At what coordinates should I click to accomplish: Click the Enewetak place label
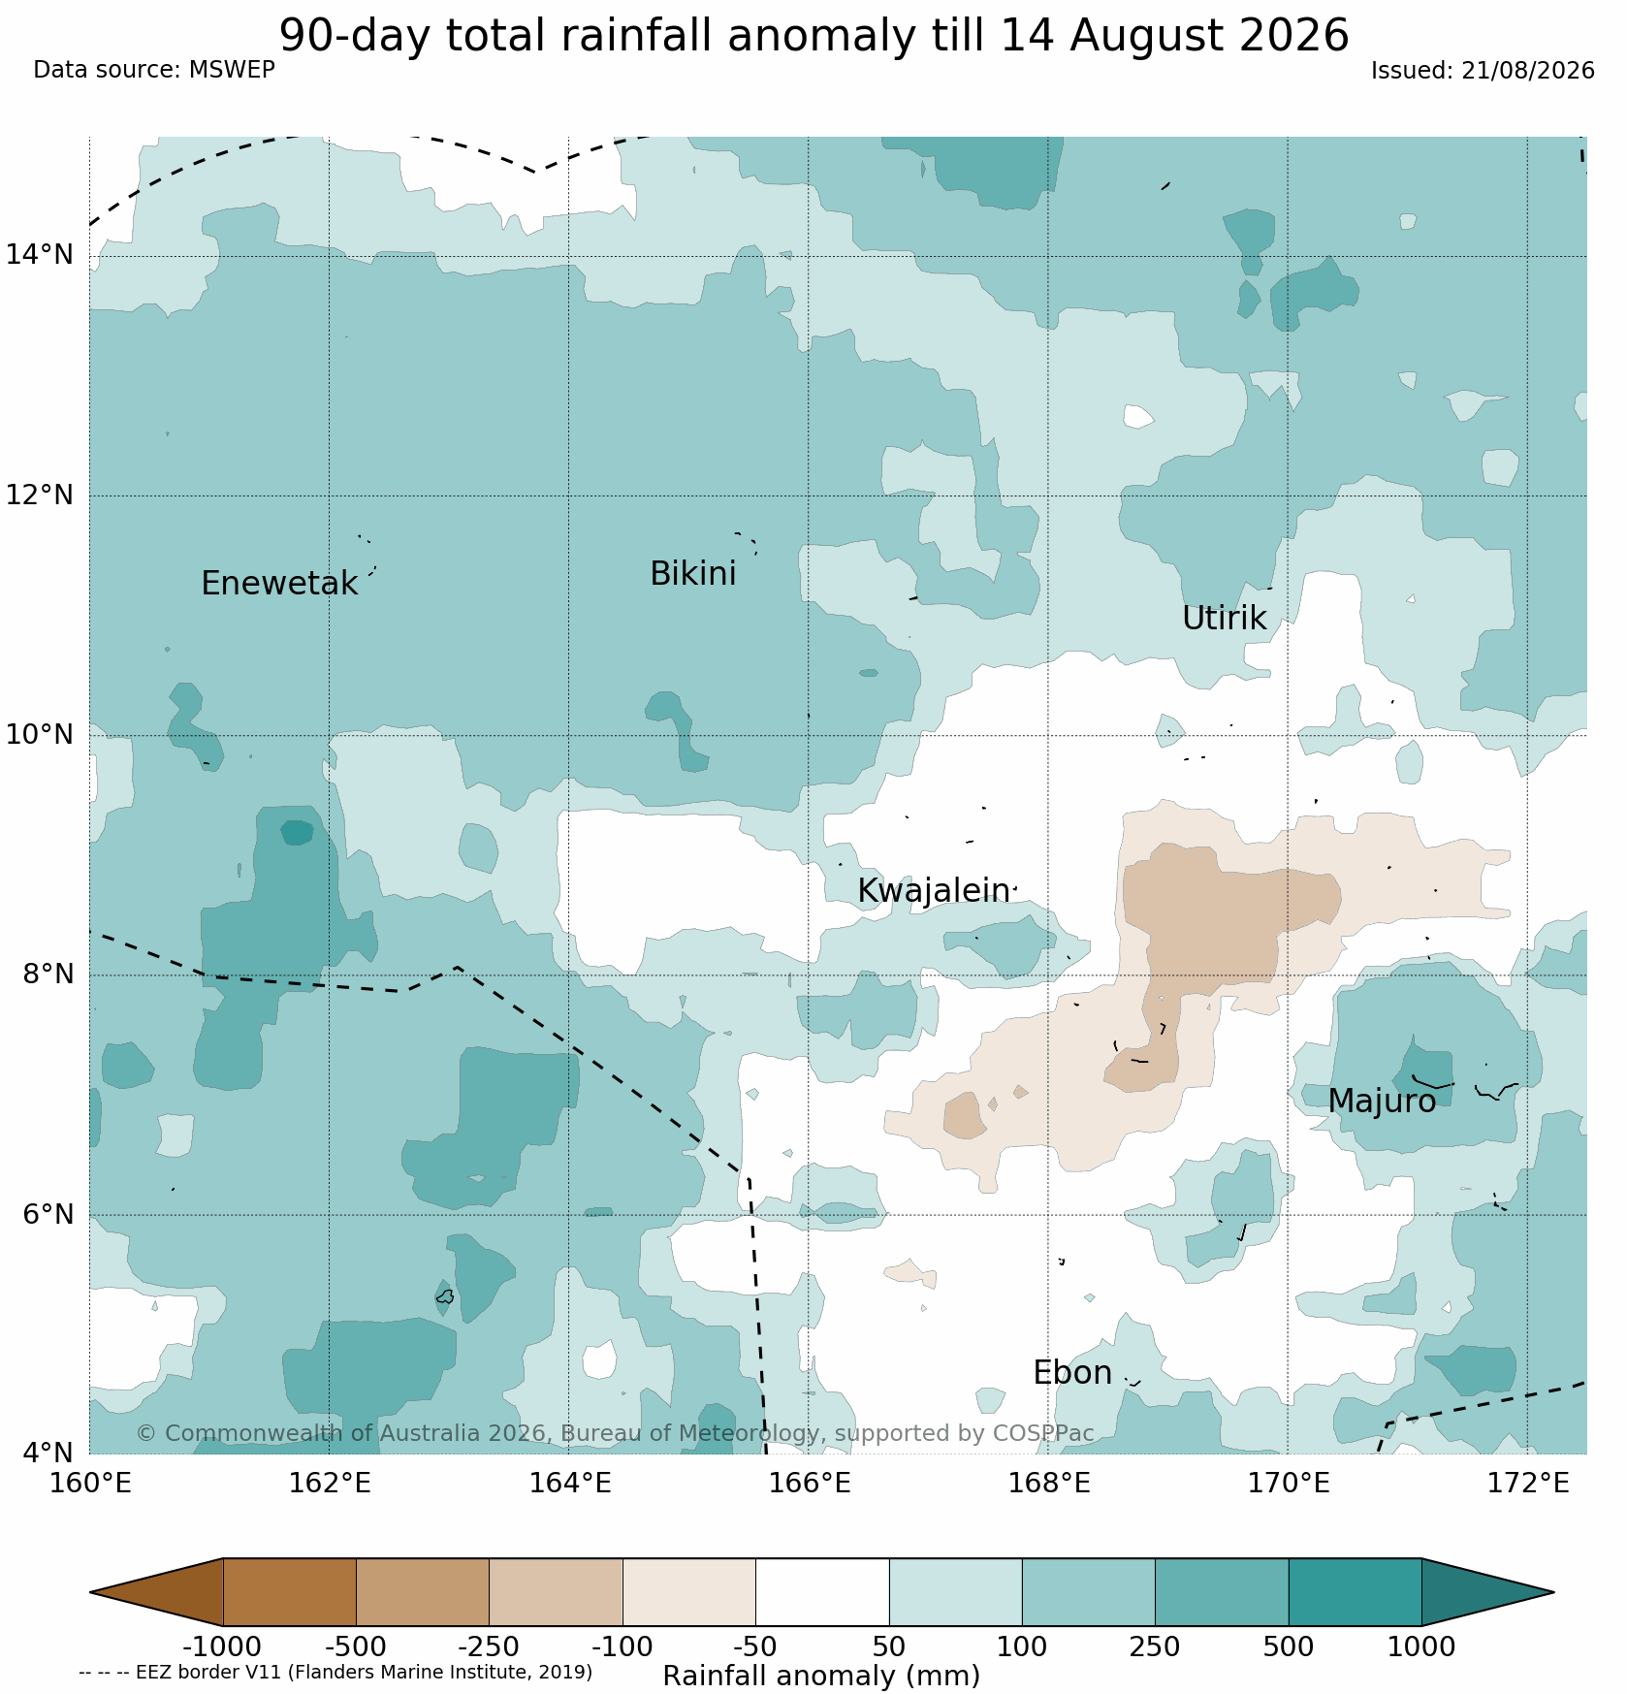click(279, 584)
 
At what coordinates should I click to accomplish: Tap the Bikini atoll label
click(692, 574)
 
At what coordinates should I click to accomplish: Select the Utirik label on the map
click(1224, 619)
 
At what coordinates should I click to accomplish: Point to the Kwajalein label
click(933, 891)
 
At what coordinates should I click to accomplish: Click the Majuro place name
click(1382, 1102)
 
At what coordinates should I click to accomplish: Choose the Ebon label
click(1072, 1373)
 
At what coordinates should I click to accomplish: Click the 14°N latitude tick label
click(40, 255)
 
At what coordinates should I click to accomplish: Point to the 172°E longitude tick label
click(1527, 1484)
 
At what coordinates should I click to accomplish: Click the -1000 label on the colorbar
click(222, 1647)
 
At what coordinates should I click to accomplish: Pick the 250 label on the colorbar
click(1155, 1647)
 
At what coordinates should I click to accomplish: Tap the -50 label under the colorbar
click(755, 1647)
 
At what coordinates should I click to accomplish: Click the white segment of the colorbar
click(822, 1592)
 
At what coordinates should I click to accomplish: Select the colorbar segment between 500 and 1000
click(1355, 1592)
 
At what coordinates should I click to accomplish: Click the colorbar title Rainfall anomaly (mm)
click(821, 1676)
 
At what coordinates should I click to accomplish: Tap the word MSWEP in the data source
click(232, 70)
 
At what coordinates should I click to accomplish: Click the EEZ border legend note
click(335, 1672)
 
